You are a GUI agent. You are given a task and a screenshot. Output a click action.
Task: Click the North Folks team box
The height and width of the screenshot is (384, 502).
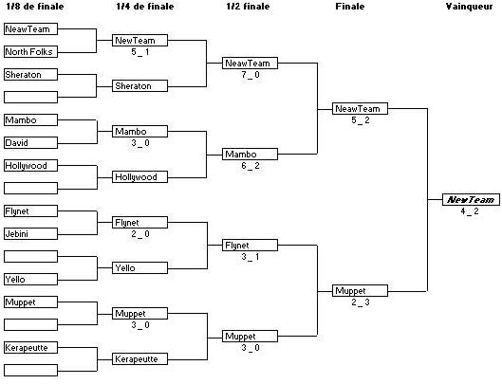click(30, 52)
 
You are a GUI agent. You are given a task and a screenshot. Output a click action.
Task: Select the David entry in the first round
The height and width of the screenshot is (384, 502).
click(30, 143)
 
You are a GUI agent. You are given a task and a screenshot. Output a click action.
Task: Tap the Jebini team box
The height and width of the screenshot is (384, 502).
click(30, 233)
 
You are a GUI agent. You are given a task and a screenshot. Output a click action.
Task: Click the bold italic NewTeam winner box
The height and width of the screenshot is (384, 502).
click(471, 200)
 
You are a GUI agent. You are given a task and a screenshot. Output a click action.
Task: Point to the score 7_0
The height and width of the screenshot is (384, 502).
click(251, 75)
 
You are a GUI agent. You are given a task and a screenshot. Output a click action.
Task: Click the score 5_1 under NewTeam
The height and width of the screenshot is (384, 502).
click(140, 52)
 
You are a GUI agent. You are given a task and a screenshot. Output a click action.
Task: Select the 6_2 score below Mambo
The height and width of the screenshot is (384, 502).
click(251, 166)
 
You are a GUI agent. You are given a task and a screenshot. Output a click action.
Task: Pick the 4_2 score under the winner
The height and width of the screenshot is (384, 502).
click(470, 211)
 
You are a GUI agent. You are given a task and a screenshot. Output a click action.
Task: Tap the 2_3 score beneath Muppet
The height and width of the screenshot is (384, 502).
click(361, 302)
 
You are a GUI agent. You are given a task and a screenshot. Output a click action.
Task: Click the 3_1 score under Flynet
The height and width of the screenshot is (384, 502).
click(251, 257)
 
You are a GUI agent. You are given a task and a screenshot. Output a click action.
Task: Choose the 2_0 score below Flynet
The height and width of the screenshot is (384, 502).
click(140, 234)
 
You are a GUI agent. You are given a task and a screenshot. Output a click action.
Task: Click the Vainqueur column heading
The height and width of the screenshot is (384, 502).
click(470, 7)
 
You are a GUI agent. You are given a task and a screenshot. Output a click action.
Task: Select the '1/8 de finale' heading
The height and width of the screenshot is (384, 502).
click(35, 7)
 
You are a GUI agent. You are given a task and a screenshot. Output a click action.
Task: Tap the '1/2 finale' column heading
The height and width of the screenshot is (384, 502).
click(248, 7)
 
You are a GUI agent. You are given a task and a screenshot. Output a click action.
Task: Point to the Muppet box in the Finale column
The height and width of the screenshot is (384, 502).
click(360, 290)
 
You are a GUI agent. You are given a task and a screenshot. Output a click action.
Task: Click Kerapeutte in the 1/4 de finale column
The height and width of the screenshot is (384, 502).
click(139, 359)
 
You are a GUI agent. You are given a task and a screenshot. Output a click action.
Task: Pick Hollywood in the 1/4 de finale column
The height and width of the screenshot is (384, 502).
click(139, 177)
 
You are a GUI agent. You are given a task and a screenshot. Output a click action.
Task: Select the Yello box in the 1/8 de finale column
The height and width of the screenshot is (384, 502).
click(30, 280)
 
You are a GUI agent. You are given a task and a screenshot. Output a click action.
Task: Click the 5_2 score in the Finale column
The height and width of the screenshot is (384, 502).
click(361, 120)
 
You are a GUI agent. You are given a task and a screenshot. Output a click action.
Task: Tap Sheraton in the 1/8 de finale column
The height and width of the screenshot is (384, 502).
click(30, 75)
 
